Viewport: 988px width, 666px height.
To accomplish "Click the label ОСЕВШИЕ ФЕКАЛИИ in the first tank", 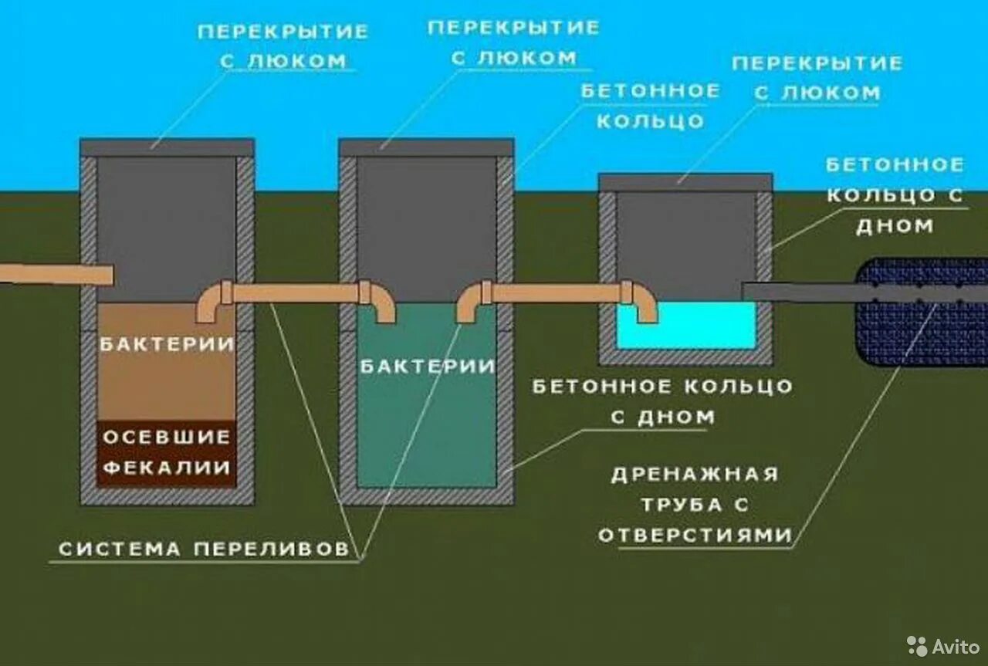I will point(167,451).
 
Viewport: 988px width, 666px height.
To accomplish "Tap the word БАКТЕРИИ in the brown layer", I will point(167,344).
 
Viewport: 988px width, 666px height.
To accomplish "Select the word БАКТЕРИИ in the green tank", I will point(427,367).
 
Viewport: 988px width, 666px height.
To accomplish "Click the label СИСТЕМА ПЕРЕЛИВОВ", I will point(204,549).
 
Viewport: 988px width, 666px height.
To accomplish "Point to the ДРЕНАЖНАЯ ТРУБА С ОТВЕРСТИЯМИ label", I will point(695,504).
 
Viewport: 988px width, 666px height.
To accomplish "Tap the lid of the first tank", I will point(167,147).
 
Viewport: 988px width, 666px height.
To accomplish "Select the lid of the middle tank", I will point(427,147).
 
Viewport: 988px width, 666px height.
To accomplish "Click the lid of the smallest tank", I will point(685,182).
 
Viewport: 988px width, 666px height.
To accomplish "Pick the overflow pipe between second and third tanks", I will point(556,293).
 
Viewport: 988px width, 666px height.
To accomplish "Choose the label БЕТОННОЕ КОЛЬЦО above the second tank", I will point(650,106).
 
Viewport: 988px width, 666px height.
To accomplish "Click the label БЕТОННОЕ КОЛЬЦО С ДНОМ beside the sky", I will point(895,194).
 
